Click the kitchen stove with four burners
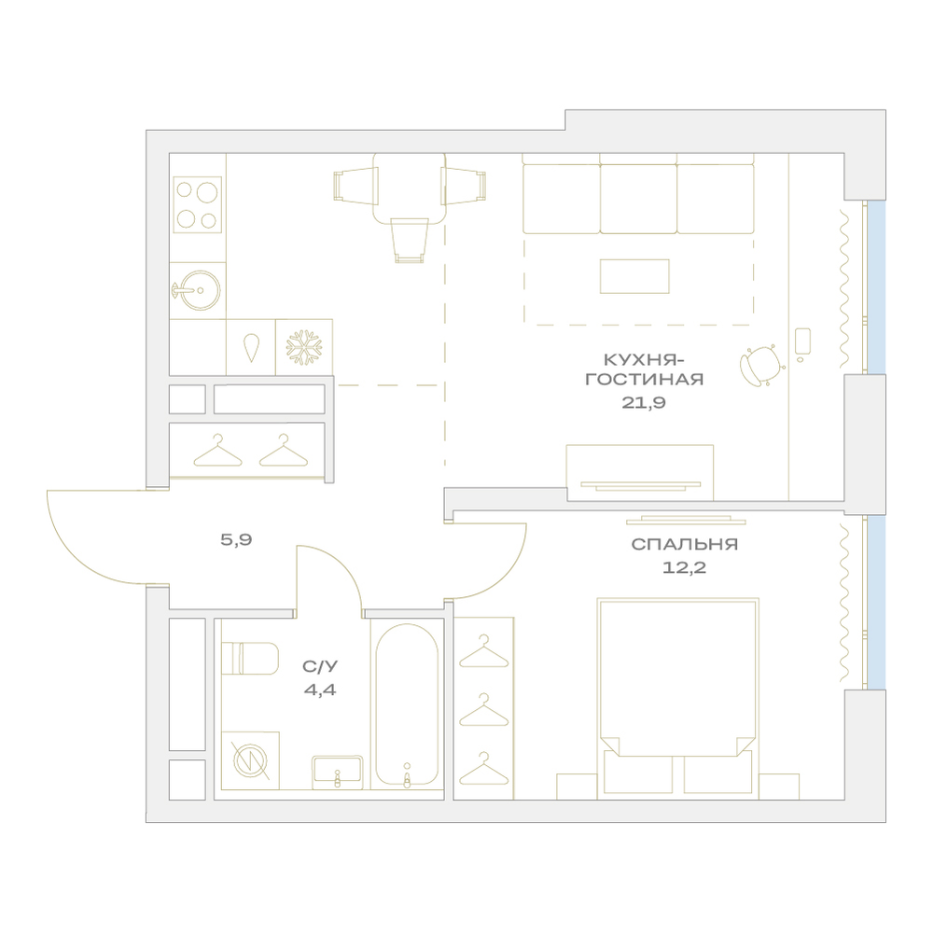pos(198,204)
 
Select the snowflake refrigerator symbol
pos(304,347)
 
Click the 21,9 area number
pos(644,403)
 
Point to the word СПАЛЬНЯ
pos(684,545)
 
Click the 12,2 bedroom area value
pos(684,567)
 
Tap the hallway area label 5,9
pos(236,539)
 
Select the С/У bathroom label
pos(320,666)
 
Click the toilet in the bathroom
pos(250,658)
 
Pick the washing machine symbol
pos(250,761)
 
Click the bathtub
pos(407,706)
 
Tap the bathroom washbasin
pos(338,773)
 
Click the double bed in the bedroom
pos(677,699)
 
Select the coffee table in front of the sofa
pos(634,276)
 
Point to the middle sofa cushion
pos(638,199)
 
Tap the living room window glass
pos(876,287)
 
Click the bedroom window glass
pos(876,603)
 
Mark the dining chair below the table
pos(410,240)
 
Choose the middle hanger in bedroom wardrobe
pos(483,710)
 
